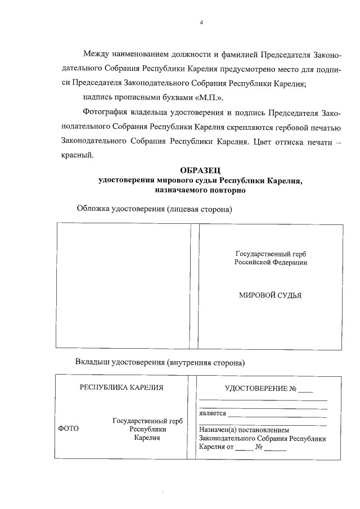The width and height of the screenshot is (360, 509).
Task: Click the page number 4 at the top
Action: click(x=201, y=23)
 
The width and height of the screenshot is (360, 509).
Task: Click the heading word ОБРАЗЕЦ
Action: click(x=201, y=170)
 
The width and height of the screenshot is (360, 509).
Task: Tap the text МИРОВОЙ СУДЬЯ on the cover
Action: click(x=270, y=294)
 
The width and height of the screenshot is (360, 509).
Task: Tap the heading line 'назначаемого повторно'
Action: click(x=201, y=191)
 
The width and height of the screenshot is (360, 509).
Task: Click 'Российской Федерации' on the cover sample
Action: click(x=271, y=262)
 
